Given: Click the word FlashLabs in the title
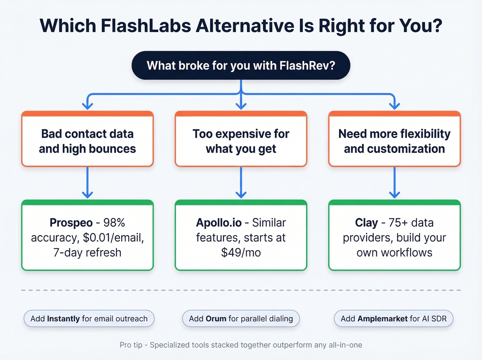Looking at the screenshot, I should [x=146, y=26].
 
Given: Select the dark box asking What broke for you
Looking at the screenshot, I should [x=241, y=65].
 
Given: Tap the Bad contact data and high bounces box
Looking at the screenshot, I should [x=87, y=141].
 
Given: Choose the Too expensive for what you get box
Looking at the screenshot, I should [x=241, y=141].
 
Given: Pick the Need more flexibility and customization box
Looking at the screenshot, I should [x=394, y=141].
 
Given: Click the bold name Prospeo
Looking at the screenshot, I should [x=71, y=223].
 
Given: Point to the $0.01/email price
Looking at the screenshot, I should [x=113, y=238].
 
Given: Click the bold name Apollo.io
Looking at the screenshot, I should [x=219, y=223].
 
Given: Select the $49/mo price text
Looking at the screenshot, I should [x=241, y=253].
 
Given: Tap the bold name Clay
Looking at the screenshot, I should [x=366, y=223].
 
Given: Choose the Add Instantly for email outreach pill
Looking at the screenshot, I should [x=89, y=319].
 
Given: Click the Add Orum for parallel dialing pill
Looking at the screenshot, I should [x=241, y=319].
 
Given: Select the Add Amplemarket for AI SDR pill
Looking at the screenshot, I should [x=394, y=319].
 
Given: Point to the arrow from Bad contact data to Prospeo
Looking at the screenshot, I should [x=87, y=183].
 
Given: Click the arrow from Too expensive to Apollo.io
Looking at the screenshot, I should [x=241, y=183].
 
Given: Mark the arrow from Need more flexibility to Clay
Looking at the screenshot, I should [x=394, y=183].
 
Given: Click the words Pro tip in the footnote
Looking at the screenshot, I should [x=131, y=345].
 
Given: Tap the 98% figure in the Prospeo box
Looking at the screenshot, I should [x=114, y=223].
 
